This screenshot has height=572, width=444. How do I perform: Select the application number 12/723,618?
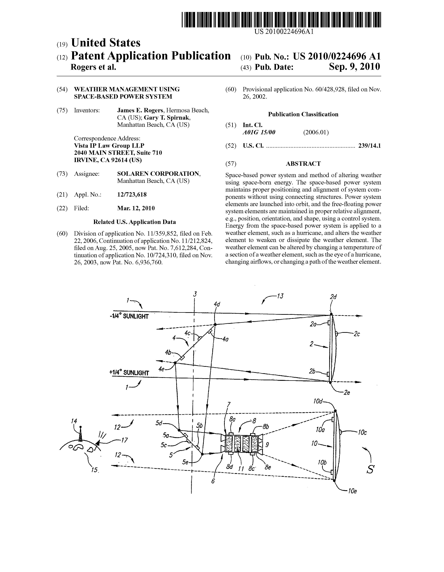click(132, 195)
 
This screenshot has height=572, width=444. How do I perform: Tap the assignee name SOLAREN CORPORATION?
click(159, 174)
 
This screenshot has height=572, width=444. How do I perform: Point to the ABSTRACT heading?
click(303, 164)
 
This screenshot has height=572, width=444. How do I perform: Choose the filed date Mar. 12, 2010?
click(136, 208)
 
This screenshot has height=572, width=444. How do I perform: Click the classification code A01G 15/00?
click(259, 132)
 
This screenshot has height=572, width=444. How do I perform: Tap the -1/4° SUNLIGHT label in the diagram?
click(129, 316)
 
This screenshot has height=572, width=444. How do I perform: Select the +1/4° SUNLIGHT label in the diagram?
click(129, 373)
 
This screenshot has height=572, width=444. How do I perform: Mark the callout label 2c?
click(356, 334)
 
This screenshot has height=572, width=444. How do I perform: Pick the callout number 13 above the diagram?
click(280, 296)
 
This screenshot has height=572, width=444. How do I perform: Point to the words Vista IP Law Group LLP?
click(109, 146)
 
